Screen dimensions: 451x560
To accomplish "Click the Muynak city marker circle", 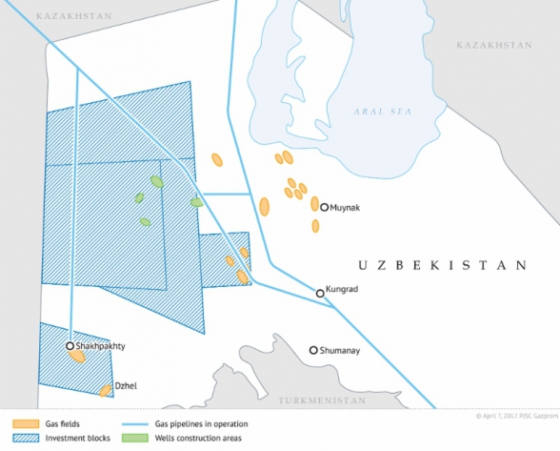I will pos(325,207).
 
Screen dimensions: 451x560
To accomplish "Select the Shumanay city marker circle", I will pos(313,351).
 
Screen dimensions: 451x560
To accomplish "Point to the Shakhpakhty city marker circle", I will pos(70,346).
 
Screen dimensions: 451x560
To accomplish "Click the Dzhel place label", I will pos(126,385).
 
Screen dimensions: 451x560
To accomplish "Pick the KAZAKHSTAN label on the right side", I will pos(493,45).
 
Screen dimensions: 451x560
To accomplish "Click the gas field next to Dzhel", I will pos(106,390).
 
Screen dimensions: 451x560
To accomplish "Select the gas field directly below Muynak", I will pos(315,226).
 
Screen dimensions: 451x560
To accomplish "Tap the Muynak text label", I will pos(349,207).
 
